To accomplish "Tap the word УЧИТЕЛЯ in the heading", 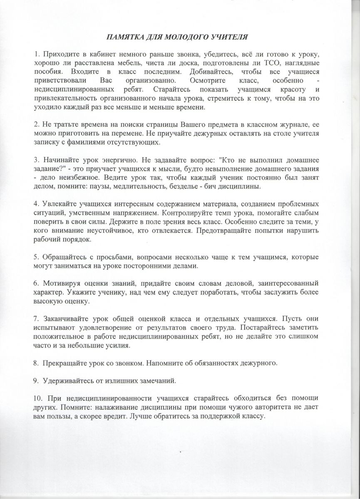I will pos(231,37).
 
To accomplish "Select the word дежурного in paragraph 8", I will pos(258,363).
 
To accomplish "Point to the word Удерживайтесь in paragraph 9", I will pos(68,380).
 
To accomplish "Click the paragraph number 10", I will pos(39,398).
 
